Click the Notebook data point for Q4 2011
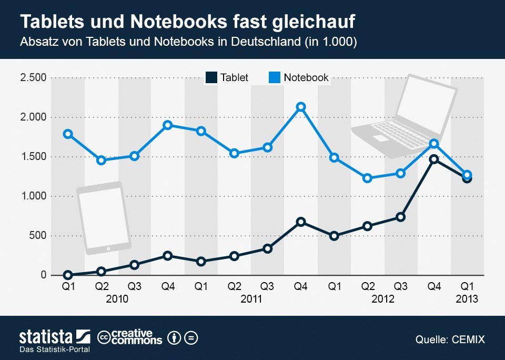tap(300, 107)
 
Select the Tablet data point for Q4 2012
tap(434, 159)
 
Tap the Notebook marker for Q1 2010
tap(68, 134)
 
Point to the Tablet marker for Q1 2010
tap(68, 275)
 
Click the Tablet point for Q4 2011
tap(300, 222)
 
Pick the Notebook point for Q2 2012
tap(367, 178)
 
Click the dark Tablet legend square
tap(210, 77)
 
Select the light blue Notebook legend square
tap(274, 77)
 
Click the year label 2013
tap(467, 299)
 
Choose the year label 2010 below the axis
tap(117, 299)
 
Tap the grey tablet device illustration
tap(104, 216)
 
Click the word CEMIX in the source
tap(468, 339)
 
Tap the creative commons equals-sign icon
tap(191, 337)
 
